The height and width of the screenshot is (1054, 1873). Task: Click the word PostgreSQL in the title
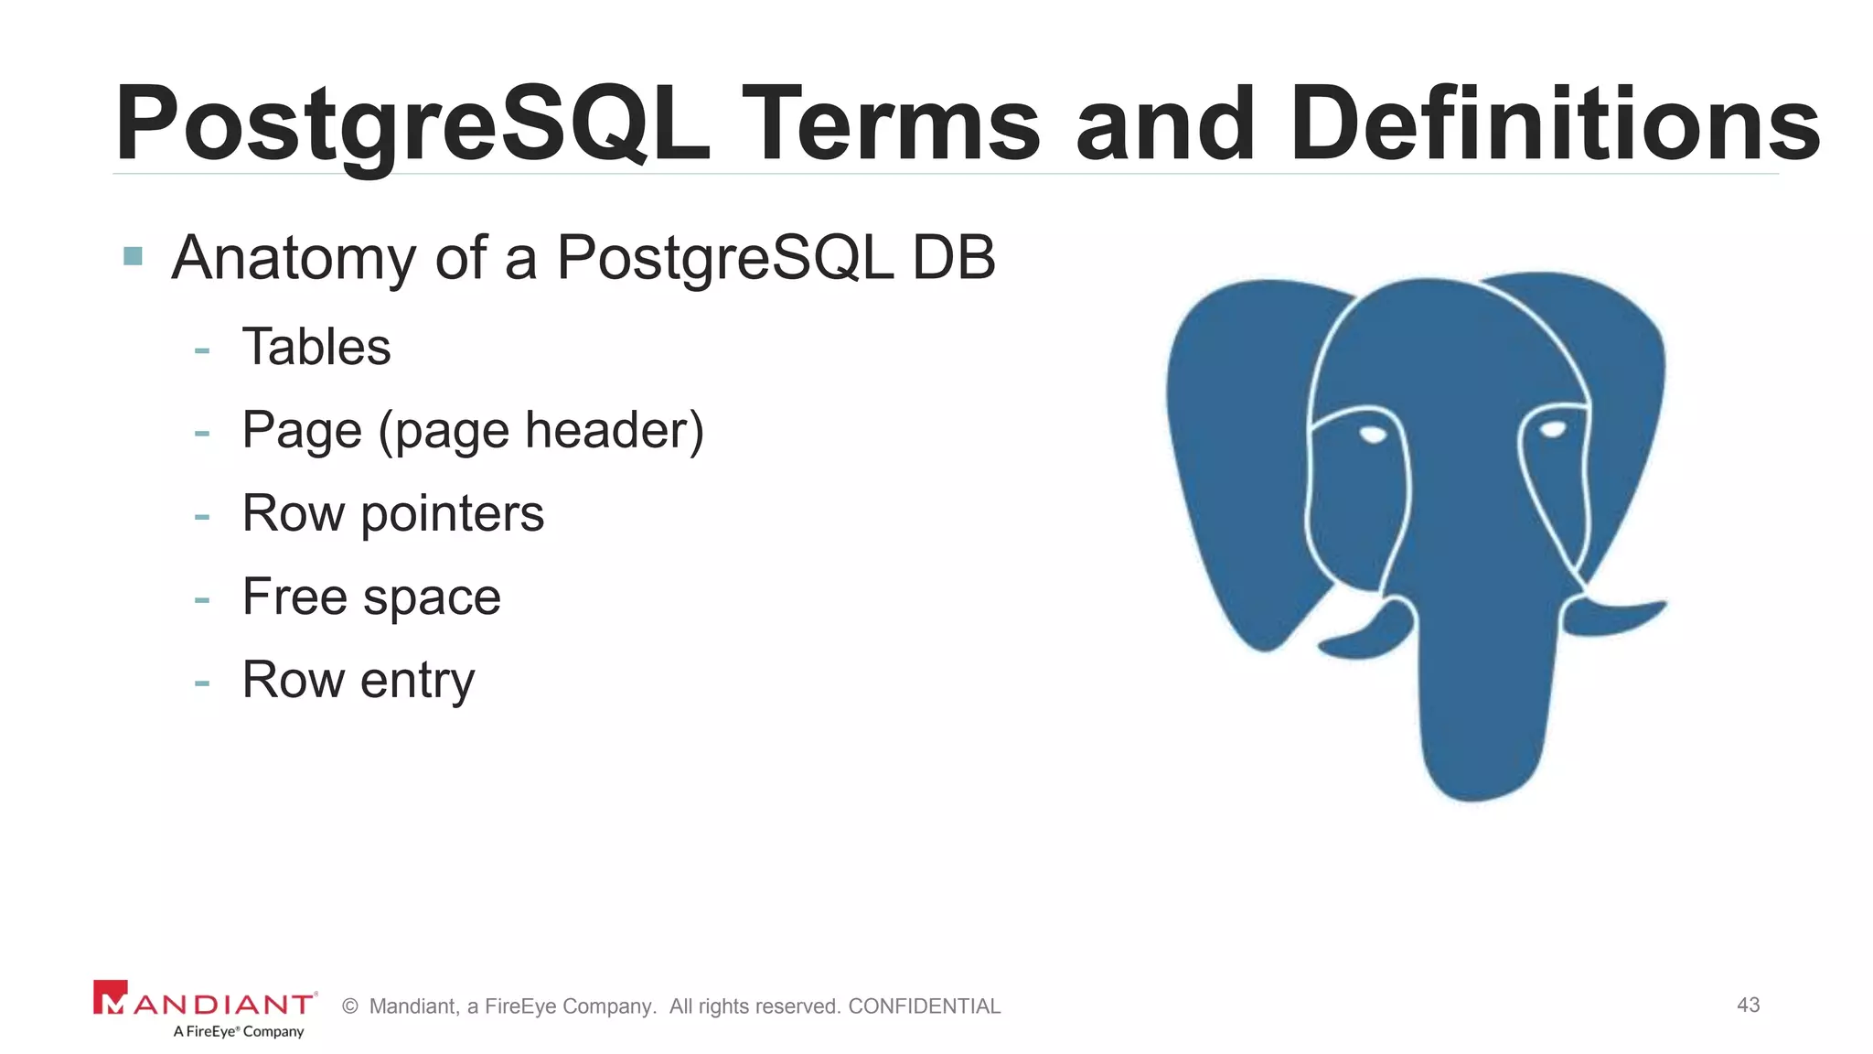coord(412,124)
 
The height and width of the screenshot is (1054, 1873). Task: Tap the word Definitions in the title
coord(1555,124)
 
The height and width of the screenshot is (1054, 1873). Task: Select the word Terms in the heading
coord(892,124)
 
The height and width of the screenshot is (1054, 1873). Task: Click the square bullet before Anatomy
coord(133,256)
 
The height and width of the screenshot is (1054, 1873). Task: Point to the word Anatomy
coord(293,258)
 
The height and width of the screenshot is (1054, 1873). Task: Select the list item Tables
coord(316,347)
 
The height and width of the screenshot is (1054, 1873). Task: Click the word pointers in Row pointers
coord(452,514)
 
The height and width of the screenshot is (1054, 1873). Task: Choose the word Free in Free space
coord(294,597)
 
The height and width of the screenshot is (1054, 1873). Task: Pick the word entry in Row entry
coord(417,681)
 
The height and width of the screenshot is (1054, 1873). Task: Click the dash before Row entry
coord(202,683)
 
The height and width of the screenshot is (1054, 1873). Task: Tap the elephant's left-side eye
coord(1373,435)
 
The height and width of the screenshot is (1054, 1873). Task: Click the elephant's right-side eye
coord(1552,430)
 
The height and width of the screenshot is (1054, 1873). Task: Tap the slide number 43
coord(1748,1005)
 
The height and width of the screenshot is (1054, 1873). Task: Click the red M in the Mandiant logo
coord(111,998)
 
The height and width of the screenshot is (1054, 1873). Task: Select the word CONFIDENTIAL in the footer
coord(924,1006)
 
